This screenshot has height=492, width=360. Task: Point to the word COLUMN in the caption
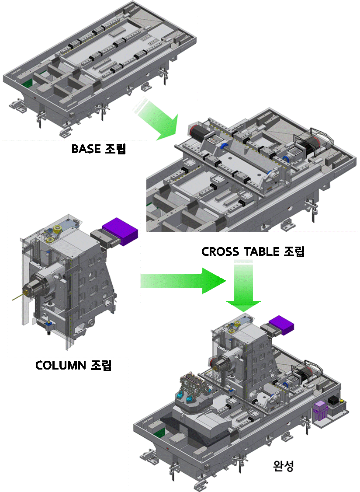(x=61, y=365)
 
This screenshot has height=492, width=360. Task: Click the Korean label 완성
(x=283, y=466)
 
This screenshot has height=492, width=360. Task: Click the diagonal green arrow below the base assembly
(x=157, y=119)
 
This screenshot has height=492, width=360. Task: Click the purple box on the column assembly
(x=120, y=231)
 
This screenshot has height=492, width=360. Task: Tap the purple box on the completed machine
(x=282, y=325)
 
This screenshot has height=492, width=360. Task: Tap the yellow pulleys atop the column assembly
(x=54, y=234)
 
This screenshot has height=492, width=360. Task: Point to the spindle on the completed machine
(x=219, y=364)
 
